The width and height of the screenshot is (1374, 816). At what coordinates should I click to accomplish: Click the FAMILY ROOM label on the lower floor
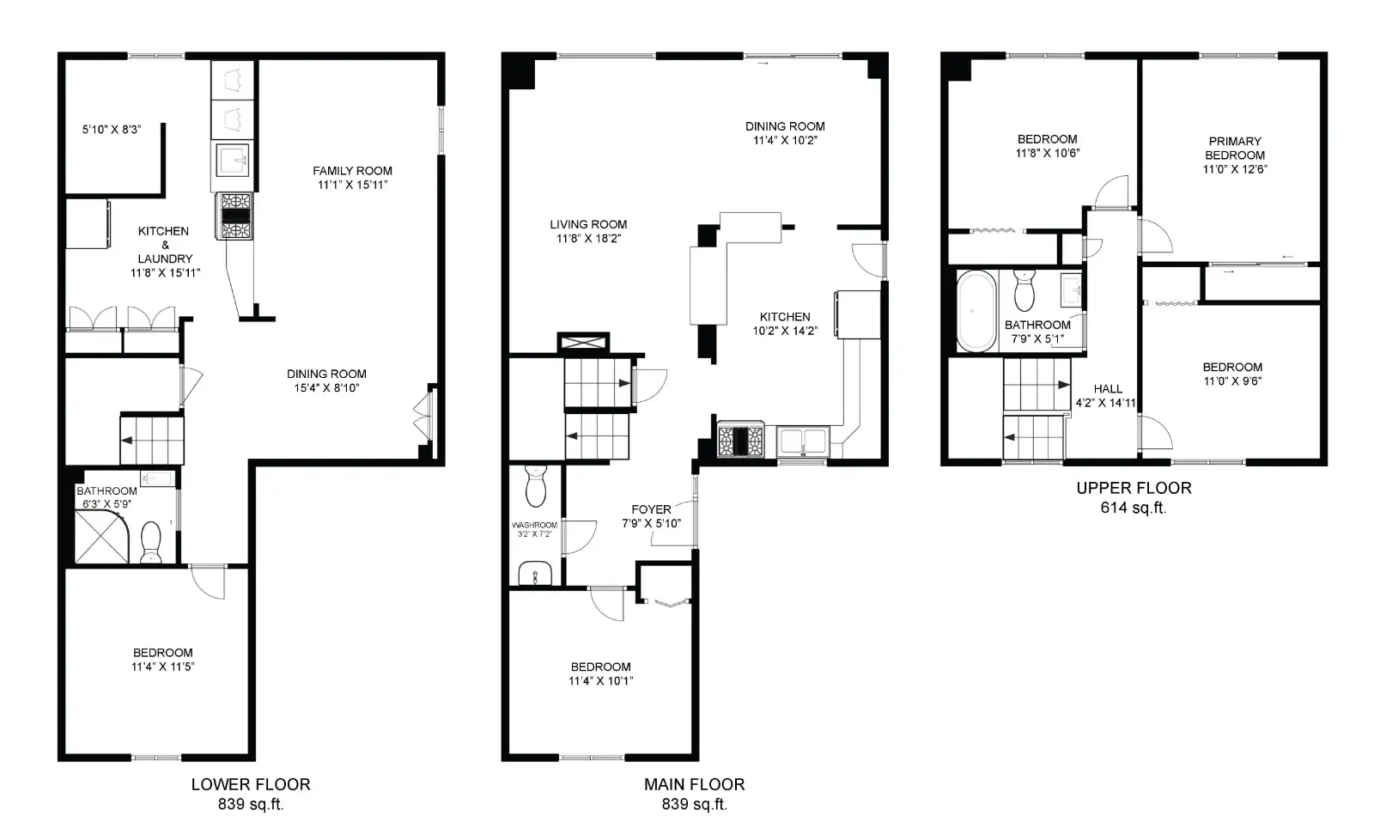352,171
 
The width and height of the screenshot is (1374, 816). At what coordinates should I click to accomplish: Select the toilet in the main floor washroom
536,486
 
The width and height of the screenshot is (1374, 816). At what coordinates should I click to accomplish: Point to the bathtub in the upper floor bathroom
976,311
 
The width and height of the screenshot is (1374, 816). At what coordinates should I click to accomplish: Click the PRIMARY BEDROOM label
1235,148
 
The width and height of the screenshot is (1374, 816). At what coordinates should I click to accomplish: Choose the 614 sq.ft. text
1134,508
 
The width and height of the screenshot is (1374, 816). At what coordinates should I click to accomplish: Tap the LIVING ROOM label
588,224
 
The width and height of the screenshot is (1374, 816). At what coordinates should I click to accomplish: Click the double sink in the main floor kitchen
803,441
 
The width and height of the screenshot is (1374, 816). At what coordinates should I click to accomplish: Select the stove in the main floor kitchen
741,440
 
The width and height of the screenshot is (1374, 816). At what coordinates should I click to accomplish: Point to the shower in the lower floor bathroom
102,536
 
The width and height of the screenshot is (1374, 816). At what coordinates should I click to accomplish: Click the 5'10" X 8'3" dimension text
112,130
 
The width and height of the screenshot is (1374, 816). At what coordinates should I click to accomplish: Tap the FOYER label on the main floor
652,509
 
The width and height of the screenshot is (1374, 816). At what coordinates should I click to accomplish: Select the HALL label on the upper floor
1108,389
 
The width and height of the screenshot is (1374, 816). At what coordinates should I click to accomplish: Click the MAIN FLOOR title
695,784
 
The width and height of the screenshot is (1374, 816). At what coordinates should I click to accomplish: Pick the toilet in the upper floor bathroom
1024,290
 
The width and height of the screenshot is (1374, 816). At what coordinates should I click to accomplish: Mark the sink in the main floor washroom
535,573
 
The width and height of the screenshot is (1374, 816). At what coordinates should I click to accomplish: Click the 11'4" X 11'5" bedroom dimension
162,667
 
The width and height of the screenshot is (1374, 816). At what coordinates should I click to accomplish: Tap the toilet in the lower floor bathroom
151,541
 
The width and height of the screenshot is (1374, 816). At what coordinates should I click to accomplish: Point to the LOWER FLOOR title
251,784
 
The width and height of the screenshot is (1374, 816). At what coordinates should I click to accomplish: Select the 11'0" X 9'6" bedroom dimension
1232,381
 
